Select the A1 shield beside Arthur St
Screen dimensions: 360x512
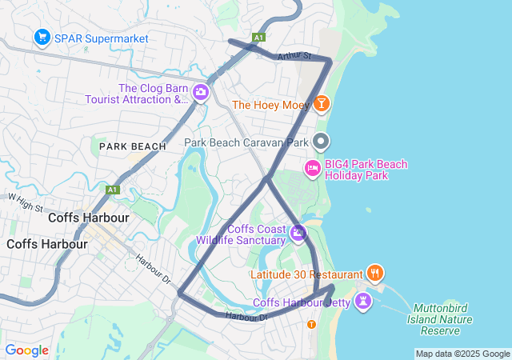point(258,38)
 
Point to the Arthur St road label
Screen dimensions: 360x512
point(294,56)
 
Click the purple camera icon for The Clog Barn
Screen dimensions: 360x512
point(200,94)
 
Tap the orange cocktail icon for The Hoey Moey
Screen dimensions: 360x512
point(321,104)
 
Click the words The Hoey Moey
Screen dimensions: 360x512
point(270,105)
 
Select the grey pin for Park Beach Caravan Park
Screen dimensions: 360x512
point(322,142)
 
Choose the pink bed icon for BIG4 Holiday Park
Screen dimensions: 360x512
point(312,168)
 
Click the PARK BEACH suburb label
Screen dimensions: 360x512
point(133,146)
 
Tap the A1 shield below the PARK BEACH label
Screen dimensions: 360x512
point(113,190)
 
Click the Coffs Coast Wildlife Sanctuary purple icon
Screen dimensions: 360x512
point(298,234)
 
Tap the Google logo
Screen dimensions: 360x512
point(26,350)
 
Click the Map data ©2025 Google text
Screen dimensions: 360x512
point(462,354)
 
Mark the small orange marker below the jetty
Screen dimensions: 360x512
point(311,324)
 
